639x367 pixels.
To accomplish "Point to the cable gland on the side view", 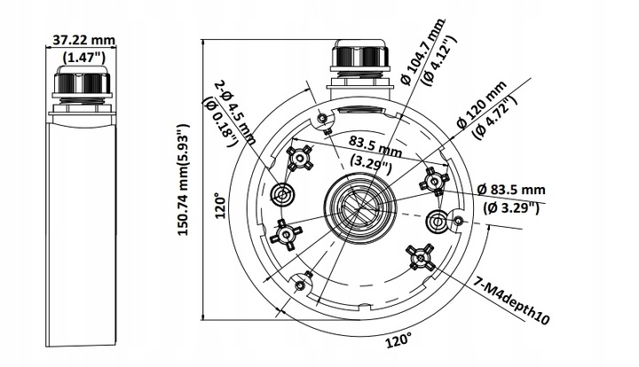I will pos(83,87).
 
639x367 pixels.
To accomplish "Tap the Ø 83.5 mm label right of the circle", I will pos(510,190).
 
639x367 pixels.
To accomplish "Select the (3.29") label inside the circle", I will pos(367,163).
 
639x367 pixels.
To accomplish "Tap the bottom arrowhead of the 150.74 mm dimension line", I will pos(204,316).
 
